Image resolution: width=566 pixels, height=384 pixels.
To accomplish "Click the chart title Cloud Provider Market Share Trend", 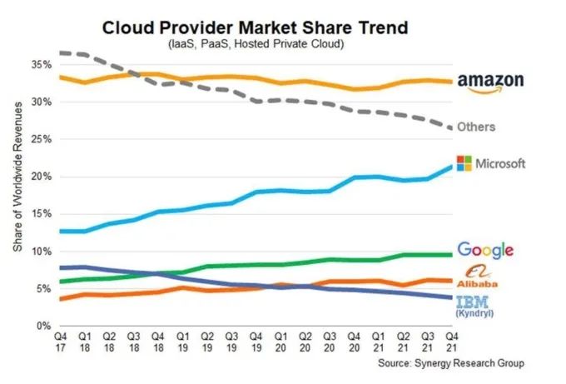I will (255, 27).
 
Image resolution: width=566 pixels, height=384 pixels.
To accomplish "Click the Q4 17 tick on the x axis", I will (61, 342).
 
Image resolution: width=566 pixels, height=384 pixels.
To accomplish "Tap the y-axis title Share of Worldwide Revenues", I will (18, 195).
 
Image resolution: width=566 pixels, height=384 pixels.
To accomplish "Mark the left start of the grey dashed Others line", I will (61, 52).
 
